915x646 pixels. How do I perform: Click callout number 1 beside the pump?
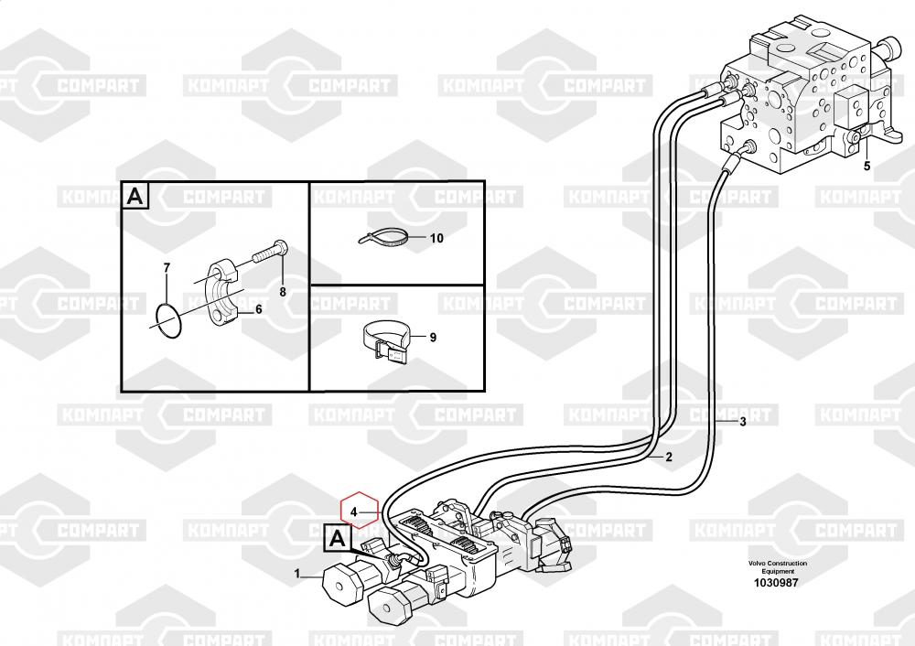click(x=297, y=574)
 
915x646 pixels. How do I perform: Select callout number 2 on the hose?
click(x=669, y=457)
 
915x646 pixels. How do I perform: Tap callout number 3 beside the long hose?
click(x=743, y=422)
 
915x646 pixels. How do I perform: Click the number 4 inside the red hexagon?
click(x=353, y=513)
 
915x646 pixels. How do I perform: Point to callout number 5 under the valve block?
click(x=867, y=167)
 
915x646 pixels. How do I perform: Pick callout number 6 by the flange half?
click(x=259, y=309)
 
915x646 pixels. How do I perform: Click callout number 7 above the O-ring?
click(x=167, y=268)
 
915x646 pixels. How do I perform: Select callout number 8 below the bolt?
click(x=283, y=292)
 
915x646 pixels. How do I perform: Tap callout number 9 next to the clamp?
click(x=433, y=338)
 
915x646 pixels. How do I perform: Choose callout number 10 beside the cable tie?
click(x=436, y=238)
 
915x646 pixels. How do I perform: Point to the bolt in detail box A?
click(x=270, y=252)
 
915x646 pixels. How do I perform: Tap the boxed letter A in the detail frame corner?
click(x=135, y=196)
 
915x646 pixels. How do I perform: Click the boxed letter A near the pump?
click(x=338, y=538)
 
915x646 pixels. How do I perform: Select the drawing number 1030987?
click(x=776, y=582)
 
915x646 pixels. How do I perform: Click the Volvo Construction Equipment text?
click(x=778, y=567)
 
